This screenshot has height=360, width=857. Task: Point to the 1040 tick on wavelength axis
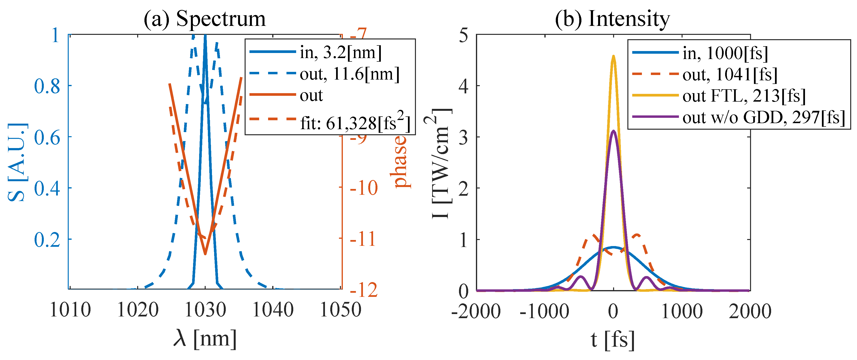(273, 310)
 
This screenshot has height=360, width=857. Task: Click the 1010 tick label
(70, 310)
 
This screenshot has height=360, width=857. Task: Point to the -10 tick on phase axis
(364, 188)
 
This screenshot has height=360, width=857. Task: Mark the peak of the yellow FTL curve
(614, 56)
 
